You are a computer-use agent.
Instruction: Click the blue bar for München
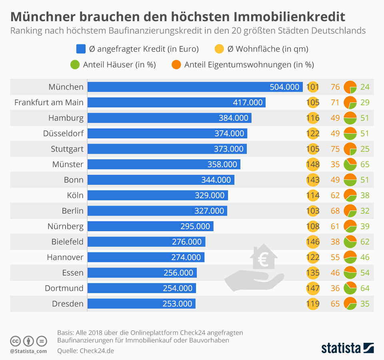click(x=195, y=87)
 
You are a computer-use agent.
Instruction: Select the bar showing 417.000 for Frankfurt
click(x=176, y=102)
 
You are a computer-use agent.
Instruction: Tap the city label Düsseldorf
click(x=63, y=134)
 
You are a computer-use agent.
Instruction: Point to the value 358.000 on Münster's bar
click(x=222, y=164)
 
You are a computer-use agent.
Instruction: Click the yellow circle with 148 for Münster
click(x=313, y=164)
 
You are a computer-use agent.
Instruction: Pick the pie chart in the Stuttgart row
click(x=350, y=149)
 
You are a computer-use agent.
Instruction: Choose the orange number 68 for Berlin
click(x=335, y=211)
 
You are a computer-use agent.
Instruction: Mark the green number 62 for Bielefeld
click(x=364, y=242)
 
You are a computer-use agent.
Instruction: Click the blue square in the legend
click(x=81, y=49)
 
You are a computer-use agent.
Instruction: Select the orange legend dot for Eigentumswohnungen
click(x=177, y=64)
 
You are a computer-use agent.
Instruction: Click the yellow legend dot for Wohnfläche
click(x=220, y=49)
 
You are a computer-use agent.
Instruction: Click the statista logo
click(x=347, y=348)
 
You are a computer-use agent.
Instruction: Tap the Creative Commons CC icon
click(x=15, y=341)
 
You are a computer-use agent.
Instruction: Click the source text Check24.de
click(x=97, y=351)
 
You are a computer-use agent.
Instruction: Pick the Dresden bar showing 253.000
click(x=141, y=304)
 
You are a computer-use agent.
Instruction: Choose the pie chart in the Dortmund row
click(x=350, y=288)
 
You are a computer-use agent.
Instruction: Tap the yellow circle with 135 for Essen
click(x=313, y=273)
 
